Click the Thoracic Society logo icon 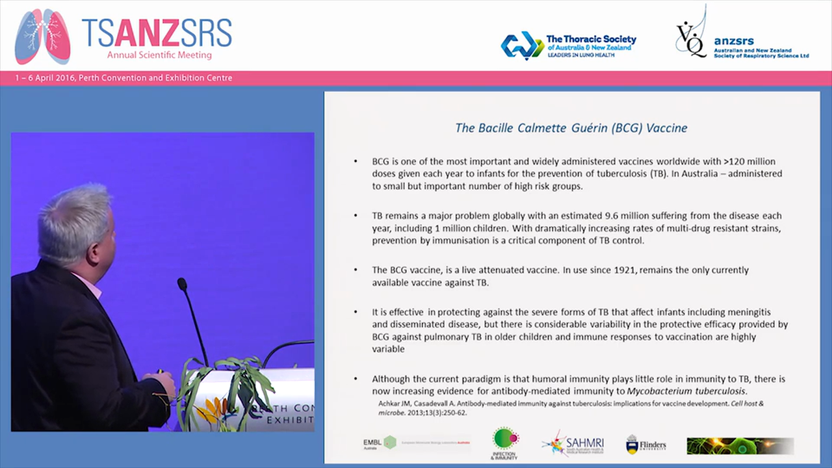click(522, 45)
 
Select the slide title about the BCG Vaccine click(571, 128)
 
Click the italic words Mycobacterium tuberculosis click(686, 391)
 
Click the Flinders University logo click(645, 445)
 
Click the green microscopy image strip click(740, 445)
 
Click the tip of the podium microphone click(182, 284)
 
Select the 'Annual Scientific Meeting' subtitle click(159, 55)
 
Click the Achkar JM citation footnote click(571, 408)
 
